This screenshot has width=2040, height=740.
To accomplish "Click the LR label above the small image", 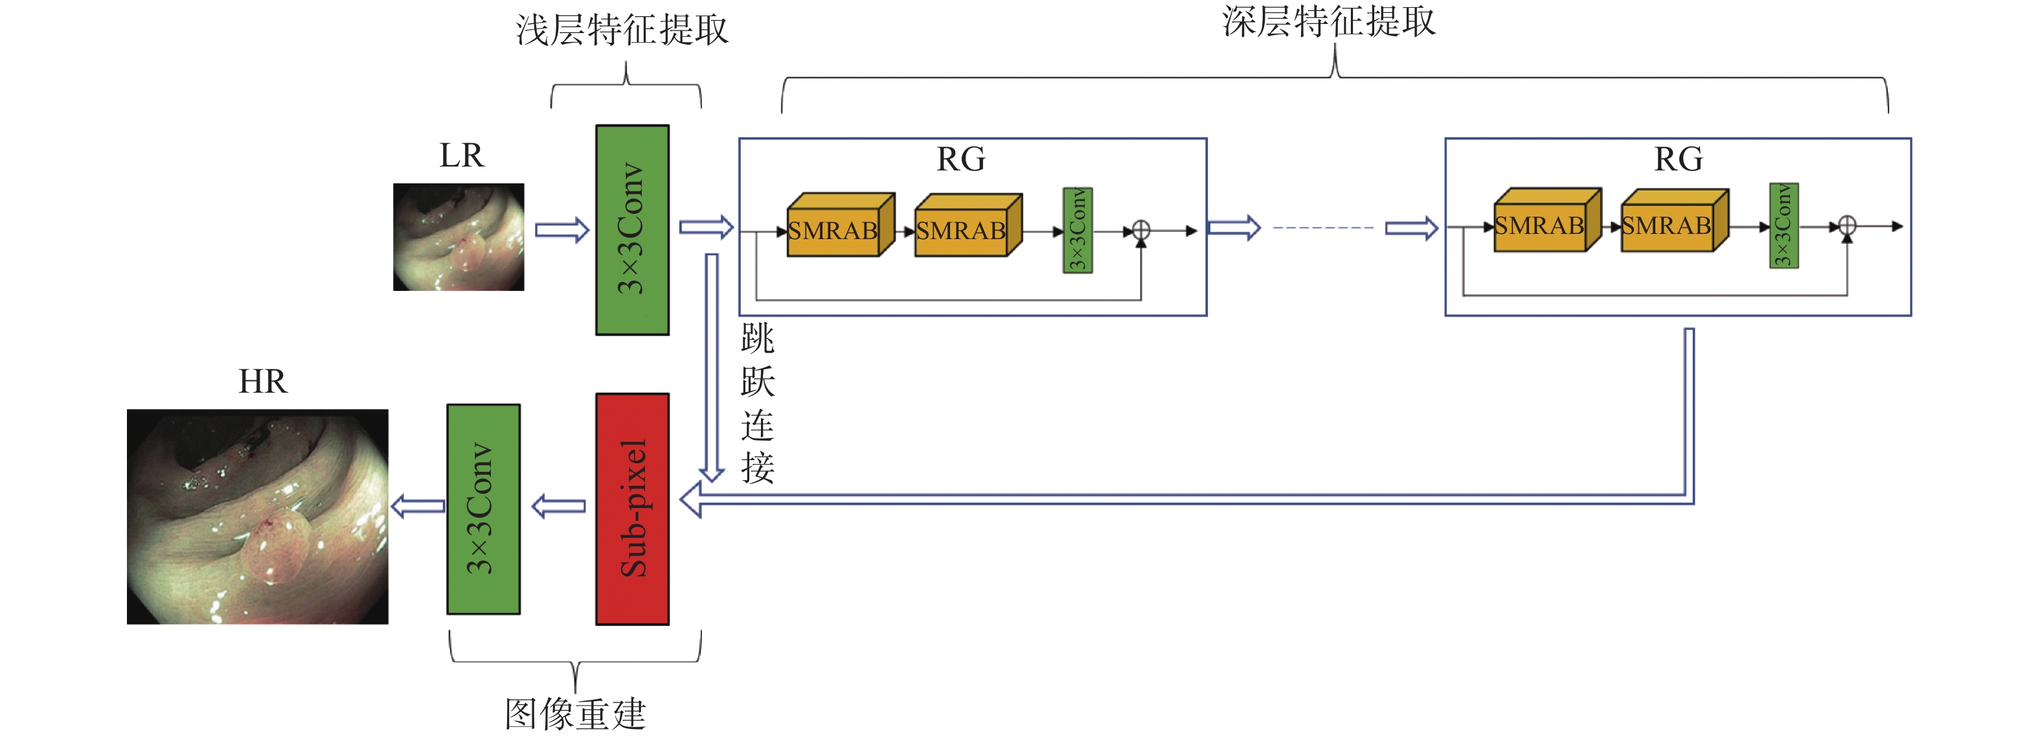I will tap(461, 156).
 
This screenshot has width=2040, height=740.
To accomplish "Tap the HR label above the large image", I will tap(262, 382).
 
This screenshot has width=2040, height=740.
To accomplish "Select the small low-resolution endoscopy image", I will tap(459, 237).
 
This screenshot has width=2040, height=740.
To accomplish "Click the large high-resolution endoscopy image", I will tap(257, 516).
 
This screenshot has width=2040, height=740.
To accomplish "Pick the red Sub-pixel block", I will tap(632, 509).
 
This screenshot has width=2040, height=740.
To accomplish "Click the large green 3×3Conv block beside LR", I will tap(632, 230).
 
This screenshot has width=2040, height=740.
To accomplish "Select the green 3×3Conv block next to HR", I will tap(483, 509).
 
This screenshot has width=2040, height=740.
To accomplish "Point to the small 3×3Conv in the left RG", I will tap(1077, 231).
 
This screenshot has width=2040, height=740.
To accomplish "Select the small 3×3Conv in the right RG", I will tap(1784, 225).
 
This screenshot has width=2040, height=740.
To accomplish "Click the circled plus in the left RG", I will tap(1141, 231).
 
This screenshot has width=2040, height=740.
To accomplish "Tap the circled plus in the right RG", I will tap(1847, 225).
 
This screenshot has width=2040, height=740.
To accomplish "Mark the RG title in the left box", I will tap(960, 159).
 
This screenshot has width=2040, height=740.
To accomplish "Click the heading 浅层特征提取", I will tap(622, 30).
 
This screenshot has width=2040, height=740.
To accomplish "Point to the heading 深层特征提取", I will tap(1328, 21).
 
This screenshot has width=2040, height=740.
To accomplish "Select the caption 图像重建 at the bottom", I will tap(575, 714).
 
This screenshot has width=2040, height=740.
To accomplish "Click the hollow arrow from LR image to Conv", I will tap(561, 230).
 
